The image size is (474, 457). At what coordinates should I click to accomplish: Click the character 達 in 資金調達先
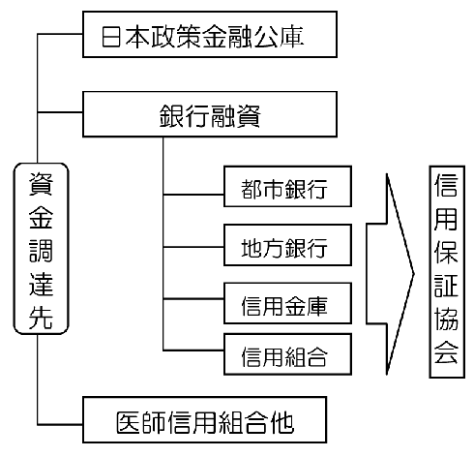[41, 285]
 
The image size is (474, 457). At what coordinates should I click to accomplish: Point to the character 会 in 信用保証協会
[446, 352]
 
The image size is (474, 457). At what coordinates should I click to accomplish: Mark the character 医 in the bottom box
[128, 422]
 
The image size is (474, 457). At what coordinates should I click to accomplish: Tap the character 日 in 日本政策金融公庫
[111, 37]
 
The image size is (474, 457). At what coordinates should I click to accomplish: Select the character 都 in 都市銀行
[252, 189]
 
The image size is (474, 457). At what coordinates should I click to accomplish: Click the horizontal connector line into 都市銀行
[193, 195]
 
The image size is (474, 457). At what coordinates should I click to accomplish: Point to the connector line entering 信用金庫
[193, 299]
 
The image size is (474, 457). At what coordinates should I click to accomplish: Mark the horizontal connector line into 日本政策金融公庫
[60, 34]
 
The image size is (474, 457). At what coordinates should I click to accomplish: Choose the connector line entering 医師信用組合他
[60, 424]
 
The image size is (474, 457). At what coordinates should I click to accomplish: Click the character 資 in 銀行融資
[249, 116]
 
